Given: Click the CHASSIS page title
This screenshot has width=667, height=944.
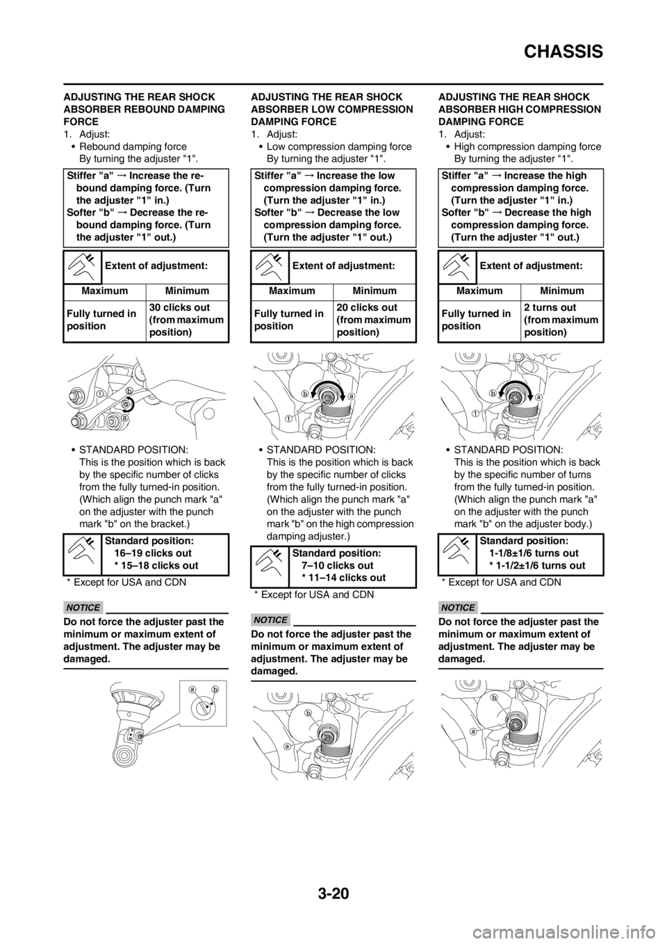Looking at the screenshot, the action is pos(563,52).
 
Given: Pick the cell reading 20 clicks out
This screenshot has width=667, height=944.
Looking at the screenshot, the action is pos(374,320).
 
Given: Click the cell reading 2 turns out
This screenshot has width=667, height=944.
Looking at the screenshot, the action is pos(561,320).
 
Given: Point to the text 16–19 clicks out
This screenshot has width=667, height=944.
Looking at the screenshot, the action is pos(153,553).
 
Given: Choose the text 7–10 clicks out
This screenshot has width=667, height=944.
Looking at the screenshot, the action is pos(337,565).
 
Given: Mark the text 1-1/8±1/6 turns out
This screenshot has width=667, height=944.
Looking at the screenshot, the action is pos(534,553).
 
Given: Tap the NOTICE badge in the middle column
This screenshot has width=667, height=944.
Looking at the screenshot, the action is pos(271,619).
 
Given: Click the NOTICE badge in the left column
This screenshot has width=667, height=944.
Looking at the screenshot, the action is pos(83,608).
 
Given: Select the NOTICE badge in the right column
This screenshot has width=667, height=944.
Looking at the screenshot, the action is pos(458,608).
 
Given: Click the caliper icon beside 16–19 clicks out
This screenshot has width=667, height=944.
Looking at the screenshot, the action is pos(83,554).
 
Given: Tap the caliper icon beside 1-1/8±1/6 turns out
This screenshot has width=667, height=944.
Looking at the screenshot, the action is pos(457,554).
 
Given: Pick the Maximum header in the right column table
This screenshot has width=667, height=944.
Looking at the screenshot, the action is pos(479,291).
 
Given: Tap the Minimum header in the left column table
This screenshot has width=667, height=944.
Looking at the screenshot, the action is pos(187,291).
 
